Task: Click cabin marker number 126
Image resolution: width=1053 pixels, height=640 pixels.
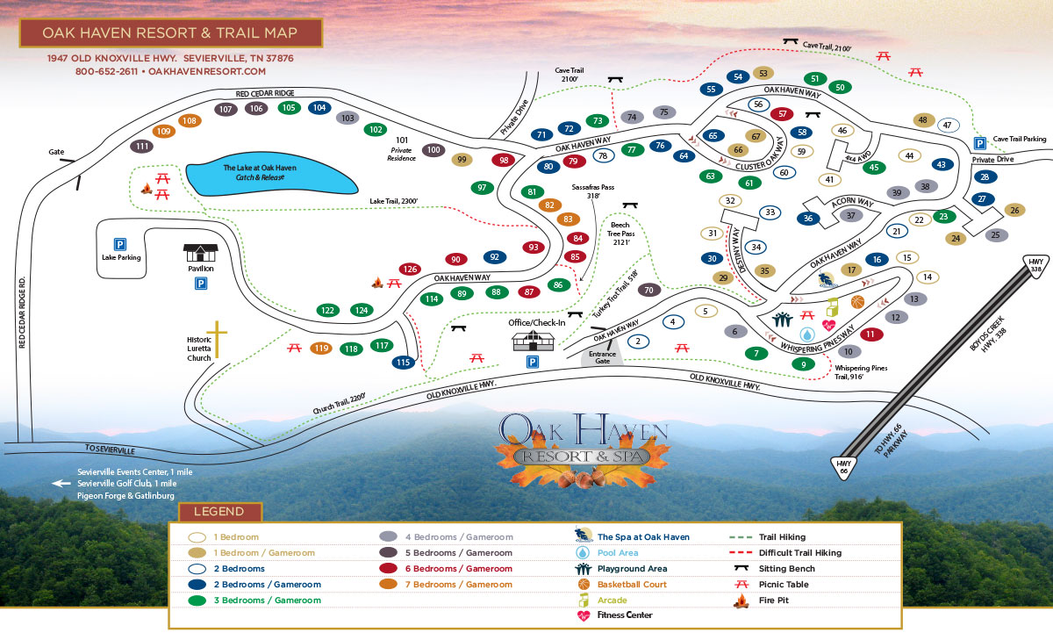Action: pyautogui.click(x=409, y=269)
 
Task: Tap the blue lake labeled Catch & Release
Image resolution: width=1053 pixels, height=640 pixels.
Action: pyautogui.click(x=272, y=177)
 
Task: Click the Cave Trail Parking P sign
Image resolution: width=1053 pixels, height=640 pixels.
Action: pyautogui.click(x=979, y=142)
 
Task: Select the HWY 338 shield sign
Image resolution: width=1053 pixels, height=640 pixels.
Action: pyautogui.click(x=1036, y=264)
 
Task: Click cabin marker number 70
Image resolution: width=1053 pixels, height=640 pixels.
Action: pyautogui.click(x=648, y=290)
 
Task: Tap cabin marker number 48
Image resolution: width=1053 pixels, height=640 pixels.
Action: pyautogui.click(x=922, y=119)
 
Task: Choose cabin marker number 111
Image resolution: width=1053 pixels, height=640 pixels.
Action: pyautogui.click(x=141, y=147)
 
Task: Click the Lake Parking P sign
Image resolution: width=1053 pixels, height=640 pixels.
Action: pyautogui.click(x=118, y=244)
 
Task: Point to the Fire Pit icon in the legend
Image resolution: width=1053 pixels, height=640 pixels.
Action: pyautogui.click(x=741, y=600)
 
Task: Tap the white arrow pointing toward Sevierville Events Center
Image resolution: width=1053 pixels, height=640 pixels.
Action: pyautogui.click(x=61, y=483)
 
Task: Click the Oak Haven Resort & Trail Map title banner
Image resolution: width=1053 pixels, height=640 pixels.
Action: pyautogui.click(x=171, y=33)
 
